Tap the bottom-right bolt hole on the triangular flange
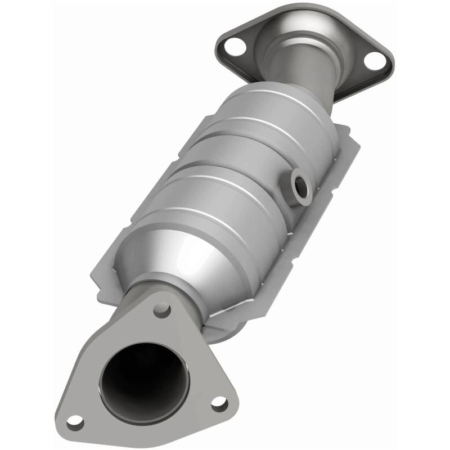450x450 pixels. click(219, 403)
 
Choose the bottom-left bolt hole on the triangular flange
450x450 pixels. click(74, 421)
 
